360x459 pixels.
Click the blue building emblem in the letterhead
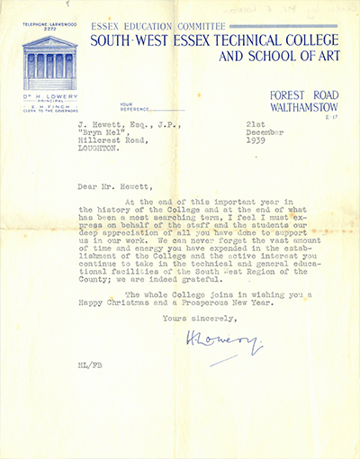pyautogui.click(x=49, y=61)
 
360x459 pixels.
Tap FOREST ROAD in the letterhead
pyautogui.click(x=303, y=99)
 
